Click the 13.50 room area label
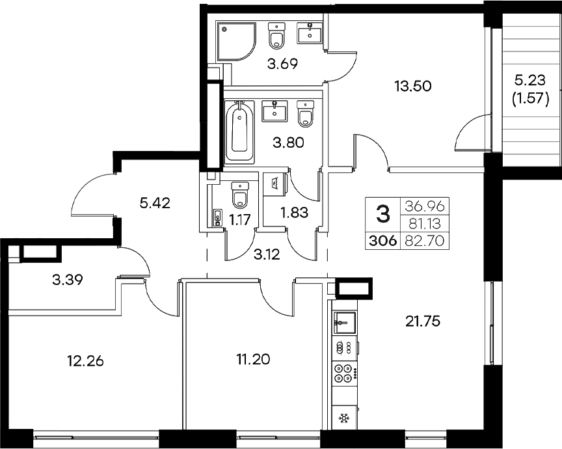click(x=414, y=85)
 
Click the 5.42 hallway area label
click(x=155, y=203)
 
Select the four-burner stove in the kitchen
click(x=343, y=374)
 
